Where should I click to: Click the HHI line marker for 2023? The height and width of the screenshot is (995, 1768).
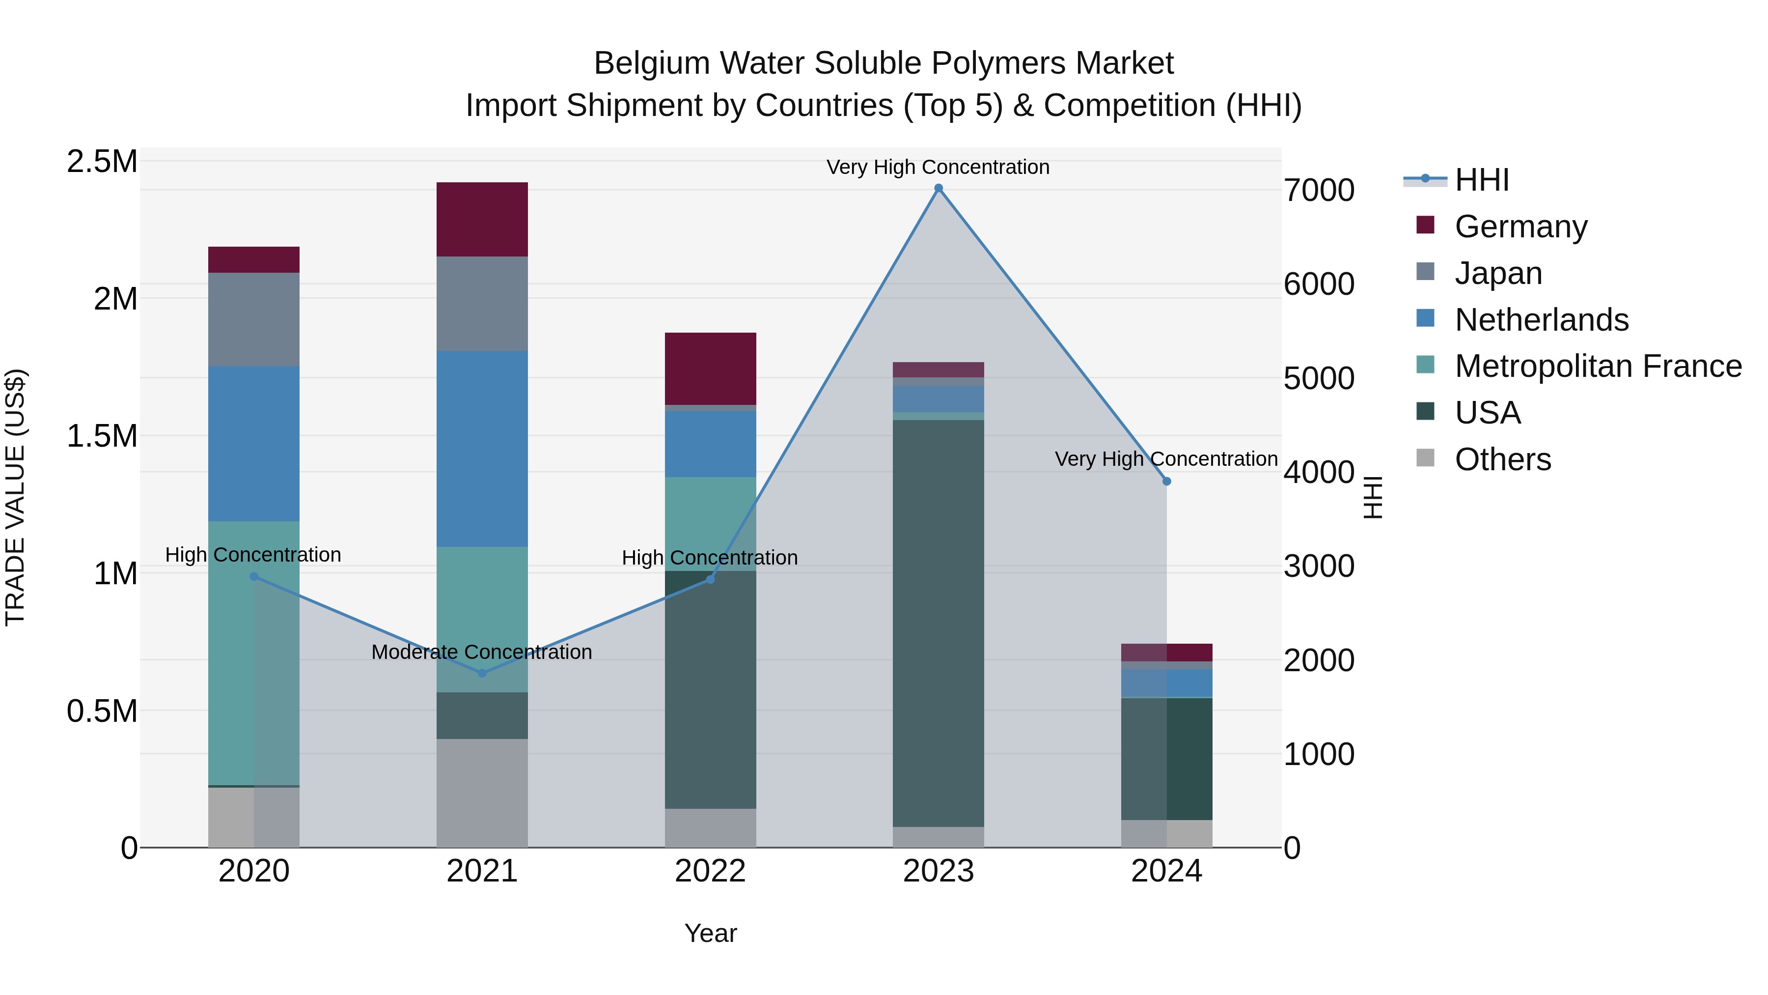tap(938, 188)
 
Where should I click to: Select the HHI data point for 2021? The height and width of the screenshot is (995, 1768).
tap(482, 673)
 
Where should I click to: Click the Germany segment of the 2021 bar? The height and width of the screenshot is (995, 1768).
tap(482, 219)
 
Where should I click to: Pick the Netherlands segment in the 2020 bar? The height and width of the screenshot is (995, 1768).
tap(254, 443)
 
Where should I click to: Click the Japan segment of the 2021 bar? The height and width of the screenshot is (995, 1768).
tap(482, 304)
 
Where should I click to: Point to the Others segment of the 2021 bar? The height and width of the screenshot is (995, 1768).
tap(482, 793)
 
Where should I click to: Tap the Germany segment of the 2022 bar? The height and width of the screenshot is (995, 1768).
tap(710, 369)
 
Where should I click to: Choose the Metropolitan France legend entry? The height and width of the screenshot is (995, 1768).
tap(1598, 366)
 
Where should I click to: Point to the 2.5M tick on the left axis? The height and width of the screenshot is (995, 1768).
tap(102, 162)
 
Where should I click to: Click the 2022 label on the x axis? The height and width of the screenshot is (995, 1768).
tap(710, 871)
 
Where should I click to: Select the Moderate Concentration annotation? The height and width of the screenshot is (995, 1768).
tap(482, 652)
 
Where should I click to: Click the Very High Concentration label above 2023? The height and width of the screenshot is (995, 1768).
tap(938, 167)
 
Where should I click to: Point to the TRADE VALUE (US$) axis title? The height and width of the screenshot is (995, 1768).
tap(15, 497)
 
